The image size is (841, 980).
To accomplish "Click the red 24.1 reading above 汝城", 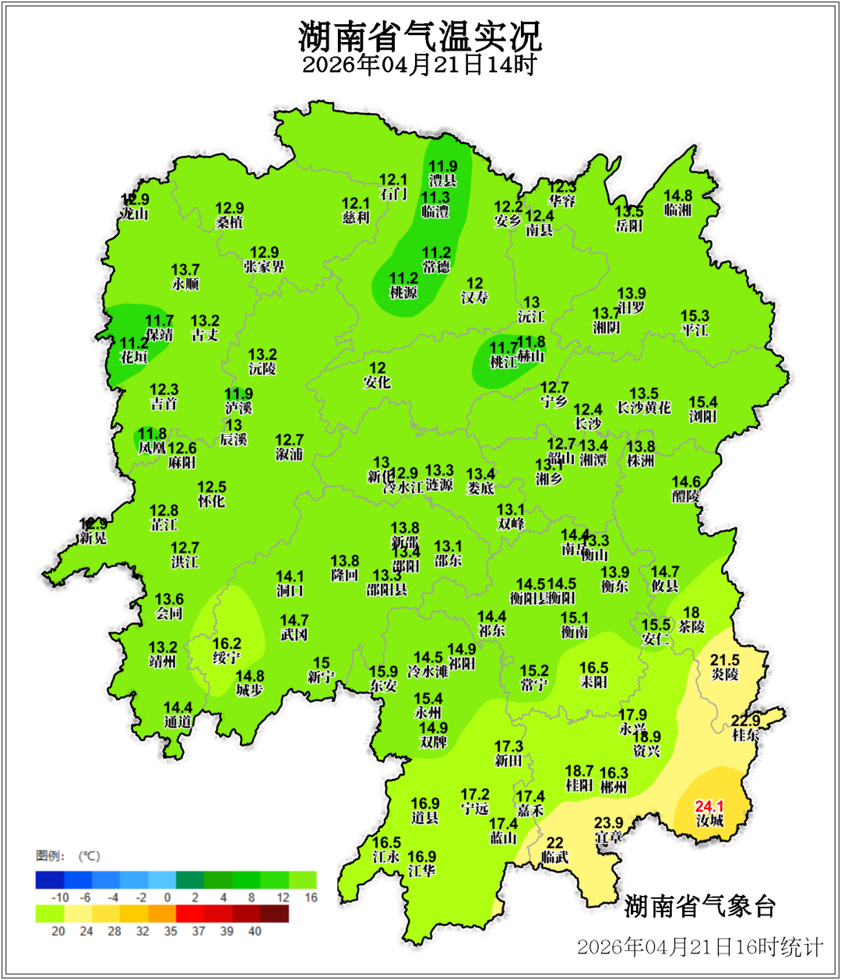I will click(709, 806).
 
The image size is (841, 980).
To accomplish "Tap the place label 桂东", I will click(745, 735).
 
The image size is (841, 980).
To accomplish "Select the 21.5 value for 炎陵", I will click(725, 660).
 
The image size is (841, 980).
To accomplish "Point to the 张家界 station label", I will click(264, 266).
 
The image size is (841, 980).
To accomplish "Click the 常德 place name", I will click(436, 266).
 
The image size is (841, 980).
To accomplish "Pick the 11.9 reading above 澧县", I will click(443, 166).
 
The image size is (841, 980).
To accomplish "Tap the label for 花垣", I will click(134, 357).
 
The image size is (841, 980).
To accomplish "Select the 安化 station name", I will click(377, 382).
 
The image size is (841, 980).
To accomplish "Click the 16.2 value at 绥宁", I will click(227, 643).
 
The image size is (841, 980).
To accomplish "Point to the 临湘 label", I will click(677, 210).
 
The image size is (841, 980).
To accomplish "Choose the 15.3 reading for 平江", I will click(695, 316).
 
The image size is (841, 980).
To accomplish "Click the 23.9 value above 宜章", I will click(608, 823).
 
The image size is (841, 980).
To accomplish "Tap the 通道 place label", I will click(178, 721).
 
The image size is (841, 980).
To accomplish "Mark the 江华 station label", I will click(421, 870).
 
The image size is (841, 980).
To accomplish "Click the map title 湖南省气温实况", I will click(420, 36).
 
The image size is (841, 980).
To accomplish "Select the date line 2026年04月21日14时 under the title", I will click(420, 65).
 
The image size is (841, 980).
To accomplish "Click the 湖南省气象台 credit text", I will click(700, 906).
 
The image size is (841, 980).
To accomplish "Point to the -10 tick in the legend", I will click(60, 897).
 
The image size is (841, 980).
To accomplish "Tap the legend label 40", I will click(255, 931).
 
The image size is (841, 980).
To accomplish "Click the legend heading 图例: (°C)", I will click(68, 856).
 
